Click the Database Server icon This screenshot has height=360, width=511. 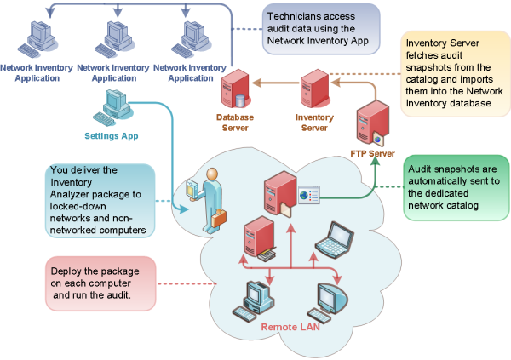pos(233,92)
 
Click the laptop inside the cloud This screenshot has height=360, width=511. pos(330,239)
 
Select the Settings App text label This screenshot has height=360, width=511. pos(111,135)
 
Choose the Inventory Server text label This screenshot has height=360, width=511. pos(313,123)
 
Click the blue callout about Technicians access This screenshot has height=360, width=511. pos(312,27)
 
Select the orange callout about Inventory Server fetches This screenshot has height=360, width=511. pos(452,72)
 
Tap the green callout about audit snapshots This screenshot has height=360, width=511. pos(452,185)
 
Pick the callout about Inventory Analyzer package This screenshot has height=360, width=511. pos(100,200)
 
